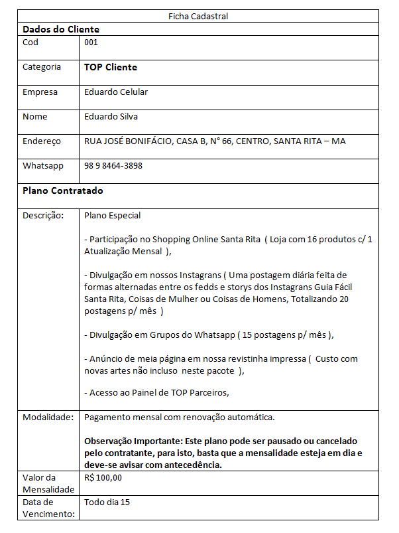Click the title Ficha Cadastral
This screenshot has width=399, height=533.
199,16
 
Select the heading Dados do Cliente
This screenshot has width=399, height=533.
61,29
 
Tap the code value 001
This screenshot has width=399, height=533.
91,42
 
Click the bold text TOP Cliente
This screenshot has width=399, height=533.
111,67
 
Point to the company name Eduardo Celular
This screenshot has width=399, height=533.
116,92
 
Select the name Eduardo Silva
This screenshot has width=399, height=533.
111,117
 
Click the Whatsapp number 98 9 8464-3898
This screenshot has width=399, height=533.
113,166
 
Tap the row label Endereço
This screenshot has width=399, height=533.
42,141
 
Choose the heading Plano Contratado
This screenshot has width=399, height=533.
63,190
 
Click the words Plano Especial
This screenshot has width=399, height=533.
112,216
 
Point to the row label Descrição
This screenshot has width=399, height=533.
43,216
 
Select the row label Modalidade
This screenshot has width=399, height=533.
47,418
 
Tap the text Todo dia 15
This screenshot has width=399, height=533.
107,502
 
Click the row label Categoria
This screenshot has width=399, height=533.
42,67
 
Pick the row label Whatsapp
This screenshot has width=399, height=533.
43,166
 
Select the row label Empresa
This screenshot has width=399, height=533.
40,92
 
